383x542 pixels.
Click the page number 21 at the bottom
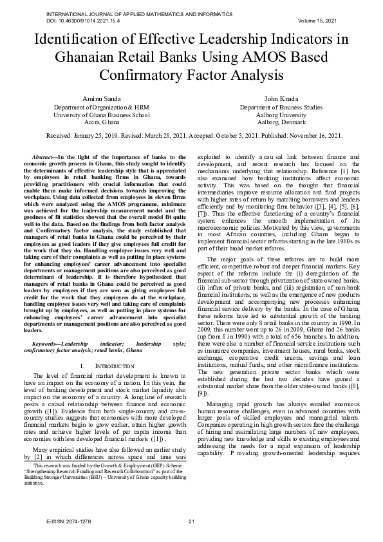(191, 520)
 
